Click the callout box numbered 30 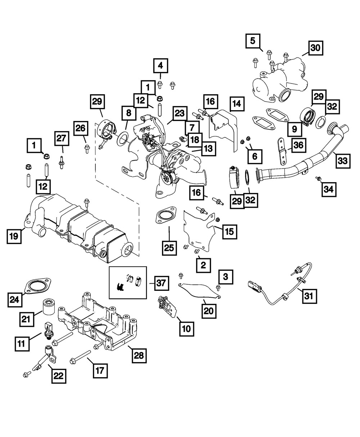pyautogui.click(x=316, y=49)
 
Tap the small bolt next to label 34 pyautogui.click(x=318, y=178)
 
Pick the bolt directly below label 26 pyautogui.click(x=87, y=149)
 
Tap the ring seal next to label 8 pyautogui.click(x=123, y=137)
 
